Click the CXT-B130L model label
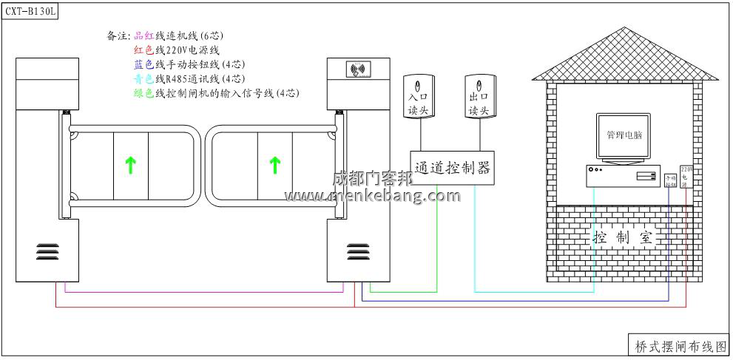31,11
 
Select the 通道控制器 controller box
453,167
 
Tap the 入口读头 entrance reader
419,96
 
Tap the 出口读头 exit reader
479,96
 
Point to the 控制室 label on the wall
624,237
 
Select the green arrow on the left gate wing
130,165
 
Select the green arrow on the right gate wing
275,165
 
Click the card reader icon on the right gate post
359,71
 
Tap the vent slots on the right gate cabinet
359,251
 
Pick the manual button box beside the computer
671,180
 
